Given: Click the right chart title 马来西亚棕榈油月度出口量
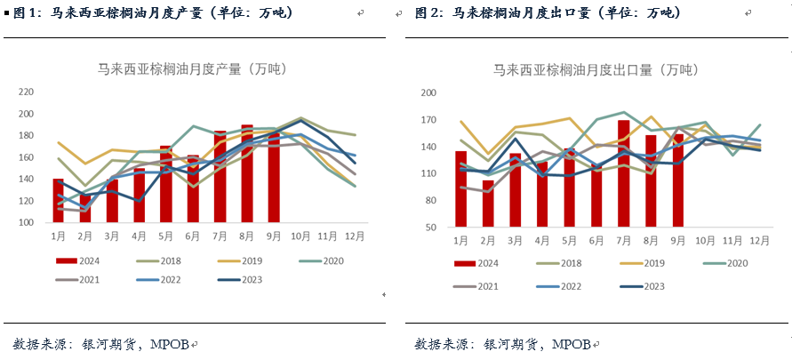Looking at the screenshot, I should coord(596,68).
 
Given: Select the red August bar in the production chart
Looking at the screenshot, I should coord(247,173).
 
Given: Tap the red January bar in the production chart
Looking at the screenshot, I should coord(59,200).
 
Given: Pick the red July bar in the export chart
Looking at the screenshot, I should coord(624,173).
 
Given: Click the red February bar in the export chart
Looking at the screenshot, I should coord(488,204).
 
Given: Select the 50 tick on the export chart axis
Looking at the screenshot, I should coord(430,228).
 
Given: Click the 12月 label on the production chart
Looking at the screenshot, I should coord(354,237).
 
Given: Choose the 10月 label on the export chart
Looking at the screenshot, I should coord(705,241).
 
